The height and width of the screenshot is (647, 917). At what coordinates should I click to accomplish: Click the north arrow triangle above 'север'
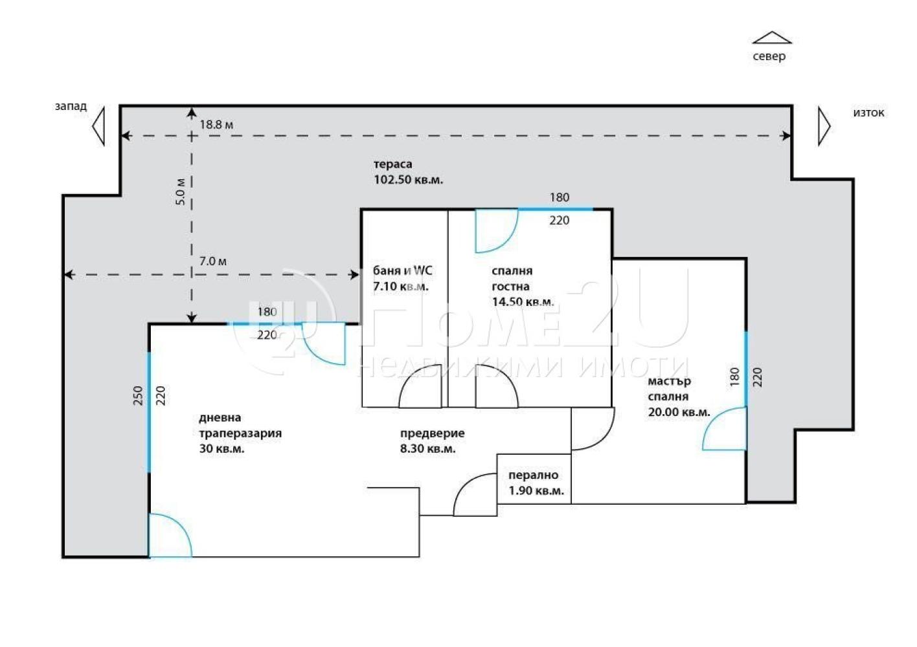click(772, 38)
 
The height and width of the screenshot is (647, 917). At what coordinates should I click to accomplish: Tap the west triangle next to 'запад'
click(98, 126)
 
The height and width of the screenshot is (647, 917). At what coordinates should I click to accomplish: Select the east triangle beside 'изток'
click(824, 126)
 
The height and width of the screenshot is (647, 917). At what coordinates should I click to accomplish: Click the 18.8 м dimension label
click(216, 125)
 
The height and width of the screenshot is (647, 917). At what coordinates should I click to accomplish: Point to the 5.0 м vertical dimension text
click(181, 192)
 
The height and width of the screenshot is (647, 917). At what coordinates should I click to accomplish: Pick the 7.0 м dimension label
click(213, 261)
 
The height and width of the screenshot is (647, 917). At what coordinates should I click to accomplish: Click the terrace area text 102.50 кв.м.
click(408, 180)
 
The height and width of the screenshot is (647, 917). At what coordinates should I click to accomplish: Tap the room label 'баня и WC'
click(402, 270)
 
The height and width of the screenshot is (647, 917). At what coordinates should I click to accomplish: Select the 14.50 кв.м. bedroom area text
click(523, 302)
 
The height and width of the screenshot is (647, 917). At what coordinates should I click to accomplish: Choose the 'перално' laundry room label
click(534, 476)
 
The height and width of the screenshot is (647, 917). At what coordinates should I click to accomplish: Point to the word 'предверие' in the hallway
click(433, 433)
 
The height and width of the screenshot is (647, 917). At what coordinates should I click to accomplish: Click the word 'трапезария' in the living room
click(240, 433)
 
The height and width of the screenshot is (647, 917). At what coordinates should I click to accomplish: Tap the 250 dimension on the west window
click(139, 395)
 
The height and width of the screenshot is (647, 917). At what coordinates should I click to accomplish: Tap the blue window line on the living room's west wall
click(148, 412)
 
